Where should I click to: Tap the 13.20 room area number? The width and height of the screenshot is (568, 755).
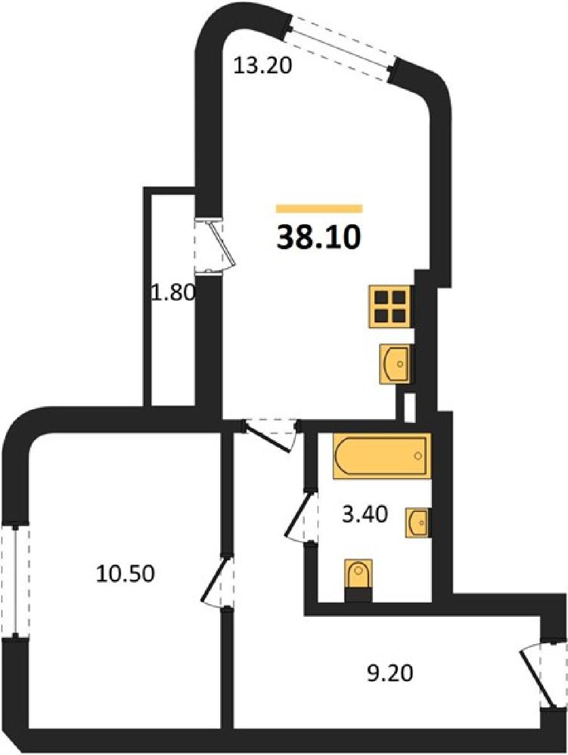[x=263, y=67]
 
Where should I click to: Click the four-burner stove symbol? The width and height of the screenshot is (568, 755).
[x=391, y=306]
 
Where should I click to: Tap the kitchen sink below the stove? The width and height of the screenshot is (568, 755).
[x=396, y=363]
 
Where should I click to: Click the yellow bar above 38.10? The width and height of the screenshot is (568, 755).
[x=319, y=209]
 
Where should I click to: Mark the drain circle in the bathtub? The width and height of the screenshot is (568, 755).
[x=418, y=456]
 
